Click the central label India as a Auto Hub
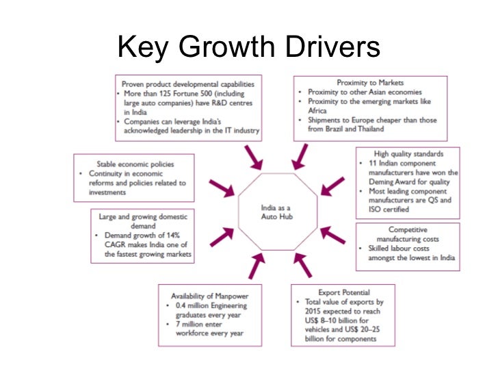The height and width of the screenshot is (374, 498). [277, 213]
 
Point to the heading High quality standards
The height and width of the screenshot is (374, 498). [407, 154]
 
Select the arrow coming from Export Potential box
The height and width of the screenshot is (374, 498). [301, 264]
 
